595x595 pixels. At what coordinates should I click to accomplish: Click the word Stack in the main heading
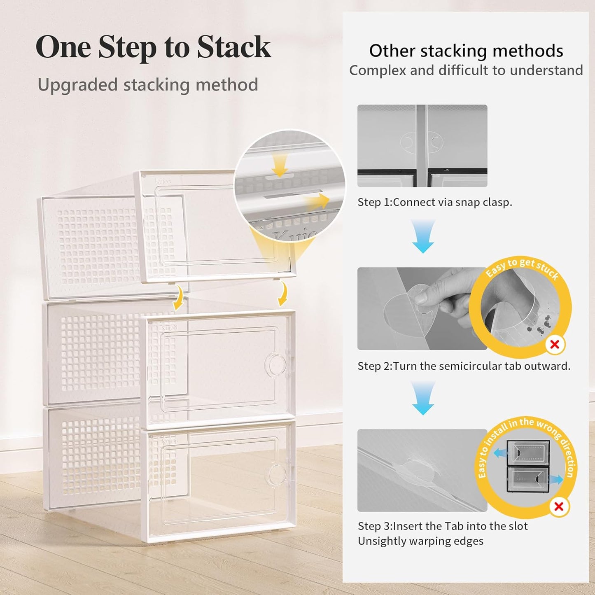(233, 47)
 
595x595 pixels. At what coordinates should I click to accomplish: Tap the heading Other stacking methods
(466, 51)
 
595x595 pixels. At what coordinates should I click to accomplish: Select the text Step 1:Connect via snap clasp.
(434, 202)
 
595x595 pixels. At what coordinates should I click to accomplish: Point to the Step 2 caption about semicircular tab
(464, 366)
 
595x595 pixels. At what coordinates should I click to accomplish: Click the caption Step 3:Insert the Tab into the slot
(442, 526)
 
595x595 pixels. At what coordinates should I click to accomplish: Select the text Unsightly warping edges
(420, 541)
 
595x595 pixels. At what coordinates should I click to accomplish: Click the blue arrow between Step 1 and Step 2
(423, 236)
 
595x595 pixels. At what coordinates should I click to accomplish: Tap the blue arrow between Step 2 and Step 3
(423, 398)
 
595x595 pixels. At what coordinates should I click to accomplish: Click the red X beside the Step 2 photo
(555, 344)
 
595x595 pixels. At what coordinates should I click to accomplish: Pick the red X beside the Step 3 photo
(559, 506)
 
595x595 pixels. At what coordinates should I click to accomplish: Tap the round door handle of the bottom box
(277, 474)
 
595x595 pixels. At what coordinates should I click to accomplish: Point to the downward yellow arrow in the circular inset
(280, 166)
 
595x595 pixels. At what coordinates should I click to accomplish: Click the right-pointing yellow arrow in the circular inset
(317, 201)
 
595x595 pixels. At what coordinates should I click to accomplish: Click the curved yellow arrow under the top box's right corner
(282, 295)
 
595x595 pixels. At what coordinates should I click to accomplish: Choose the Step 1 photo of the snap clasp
(422, 146)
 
